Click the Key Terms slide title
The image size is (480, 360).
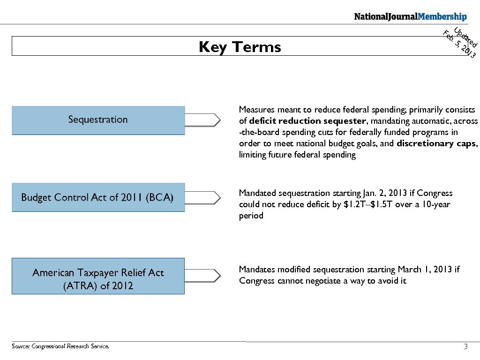click(240, 47)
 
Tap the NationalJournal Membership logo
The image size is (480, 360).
click(410, 17)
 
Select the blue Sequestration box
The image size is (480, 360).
click(98, 120)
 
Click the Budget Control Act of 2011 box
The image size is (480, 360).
click(98, 197)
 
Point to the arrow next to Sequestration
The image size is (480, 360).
click(202, 120)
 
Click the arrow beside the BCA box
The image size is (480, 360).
click(202, 197)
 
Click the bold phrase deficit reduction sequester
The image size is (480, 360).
click(308, 121)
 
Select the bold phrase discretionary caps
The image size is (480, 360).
click(437, 143)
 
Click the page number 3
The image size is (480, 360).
click(465, 347)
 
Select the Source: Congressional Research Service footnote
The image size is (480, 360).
click(60, 347)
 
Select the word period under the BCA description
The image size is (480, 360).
click(251, 216)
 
